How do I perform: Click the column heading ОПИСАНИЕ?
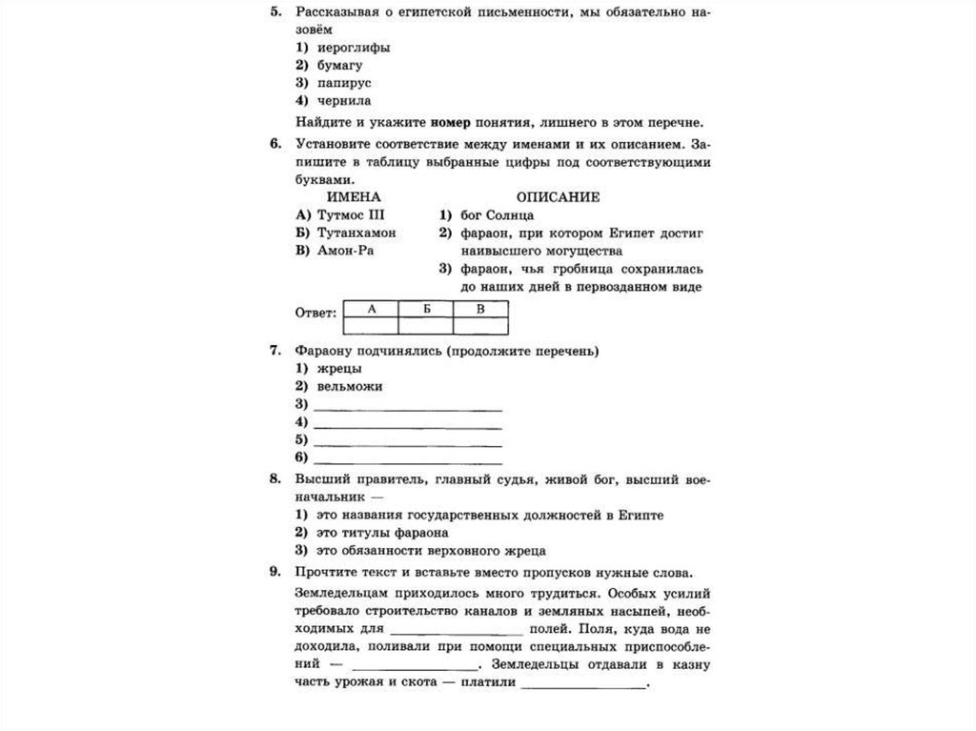pyautogui.click(x=559, y=197)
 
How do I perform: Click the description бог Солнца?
pyautogui.click(x=494, y=215)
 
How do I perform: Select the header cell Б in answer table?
pyautogui.click(x=425, y=309)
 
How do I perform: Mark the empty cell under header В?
pyautogui.click(x=480, y=326)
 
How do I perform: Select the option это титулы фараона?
pyautogui.click(x=380, y=533)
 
